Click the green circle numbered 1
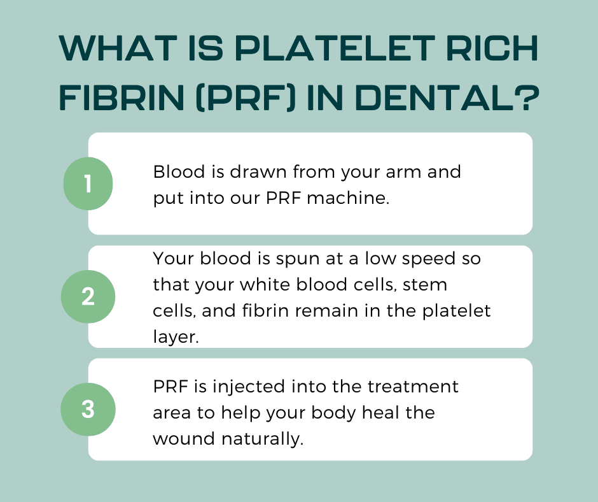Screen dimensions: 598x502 click(x=88, y=183)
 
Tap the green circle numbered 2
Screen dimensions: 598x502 click(x=88, y=296)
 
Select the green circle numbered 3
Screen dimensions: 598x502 click(x=88, y=409)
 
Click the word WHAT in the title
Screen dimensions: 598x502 click(x=118, y=48)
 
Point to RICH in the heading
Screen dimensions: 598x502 click(x=492, y=48)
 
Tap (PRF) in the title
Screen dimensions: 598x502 click(x=246, y=98)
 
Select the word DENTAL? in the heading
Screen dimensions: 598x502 click(x=449, y=98)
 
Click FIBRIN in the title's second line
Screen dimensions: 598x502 click(x=122, y=98)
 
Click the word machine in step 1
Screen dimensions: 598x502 click(x=348, y=198)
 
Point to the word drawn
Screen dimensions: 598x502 click(x=258, y=171)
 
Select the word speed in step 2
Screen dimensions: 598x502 click(x=429, y=259)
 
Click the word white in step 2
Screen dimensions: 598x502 click(x=265, y=285)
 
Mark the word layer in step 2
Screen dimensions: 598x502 click(x=176, y=337)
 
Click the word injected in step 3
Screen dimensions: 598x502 click(x=249, y=387)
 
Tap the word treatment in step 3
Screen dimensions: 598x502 click(x=413, y=387)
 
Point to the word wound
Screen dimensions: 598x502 click(x=184, y=438)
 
